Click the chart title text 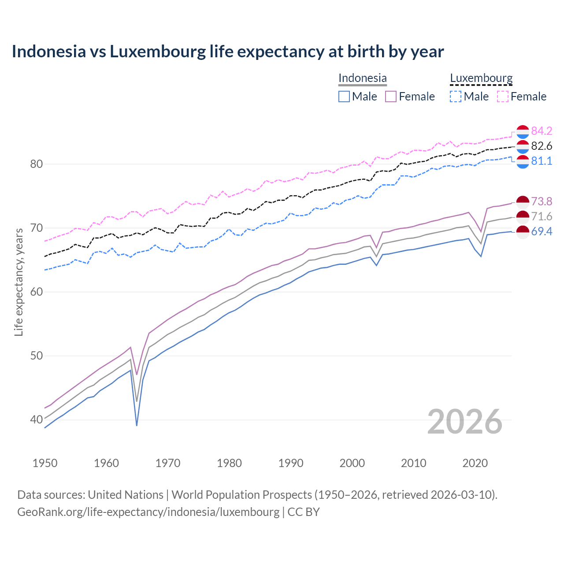227,52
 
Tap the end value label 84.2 542,131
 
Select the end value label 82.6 542,146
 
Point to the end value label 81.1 542,161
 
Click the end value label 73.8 542,201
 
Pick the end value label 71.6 542,216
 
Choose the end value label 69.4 542,231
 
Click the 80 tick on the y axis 36,164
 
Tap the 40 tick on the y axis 36,419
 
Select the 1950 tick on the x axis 45,463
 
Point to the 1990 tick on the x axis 291,463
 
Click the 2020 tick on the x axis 475,463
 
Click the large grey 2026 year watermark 464,422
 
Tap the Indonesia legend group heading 362,78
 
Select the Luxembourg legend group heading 481,78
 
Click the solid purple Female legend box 391,96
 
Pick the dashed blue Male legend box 456,96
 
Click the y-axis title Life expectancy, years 19,282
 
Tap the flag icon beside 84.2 522,131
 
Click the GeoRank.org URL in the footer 148,512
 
